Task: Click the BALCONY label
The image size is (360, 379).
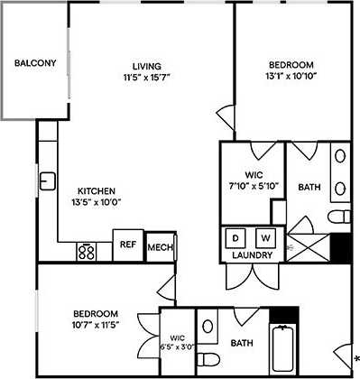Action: click(x=35, y=63)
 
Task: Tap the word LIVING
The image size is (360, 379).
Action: click(x=146, y=66)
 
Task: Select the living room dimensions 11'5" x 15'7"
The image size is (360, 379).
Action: click(x=146, y=78)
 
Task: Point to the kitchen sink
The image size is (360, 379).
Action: click(x=47, y=180)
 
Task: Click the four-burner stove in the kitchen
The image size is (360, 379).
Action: click(x=88, y=251)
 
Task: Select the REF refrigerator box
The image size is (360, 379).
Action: click(x=127, y=244)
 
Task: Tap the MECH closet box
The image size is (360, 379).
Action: click(x=160, y=246)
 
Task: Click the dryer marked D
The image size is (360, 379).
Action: click(x=236, y=238)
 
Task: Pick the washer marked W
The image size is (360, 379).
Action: click(x=265, y=238)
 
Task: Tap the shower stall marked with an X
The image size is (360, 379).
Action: click(x=309, y=244)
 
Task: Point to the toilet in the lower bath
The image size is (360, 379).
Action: click(x=208, y=326)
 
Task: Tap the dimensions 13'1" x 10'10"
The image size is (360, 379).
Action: click(x=291, y=78)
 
